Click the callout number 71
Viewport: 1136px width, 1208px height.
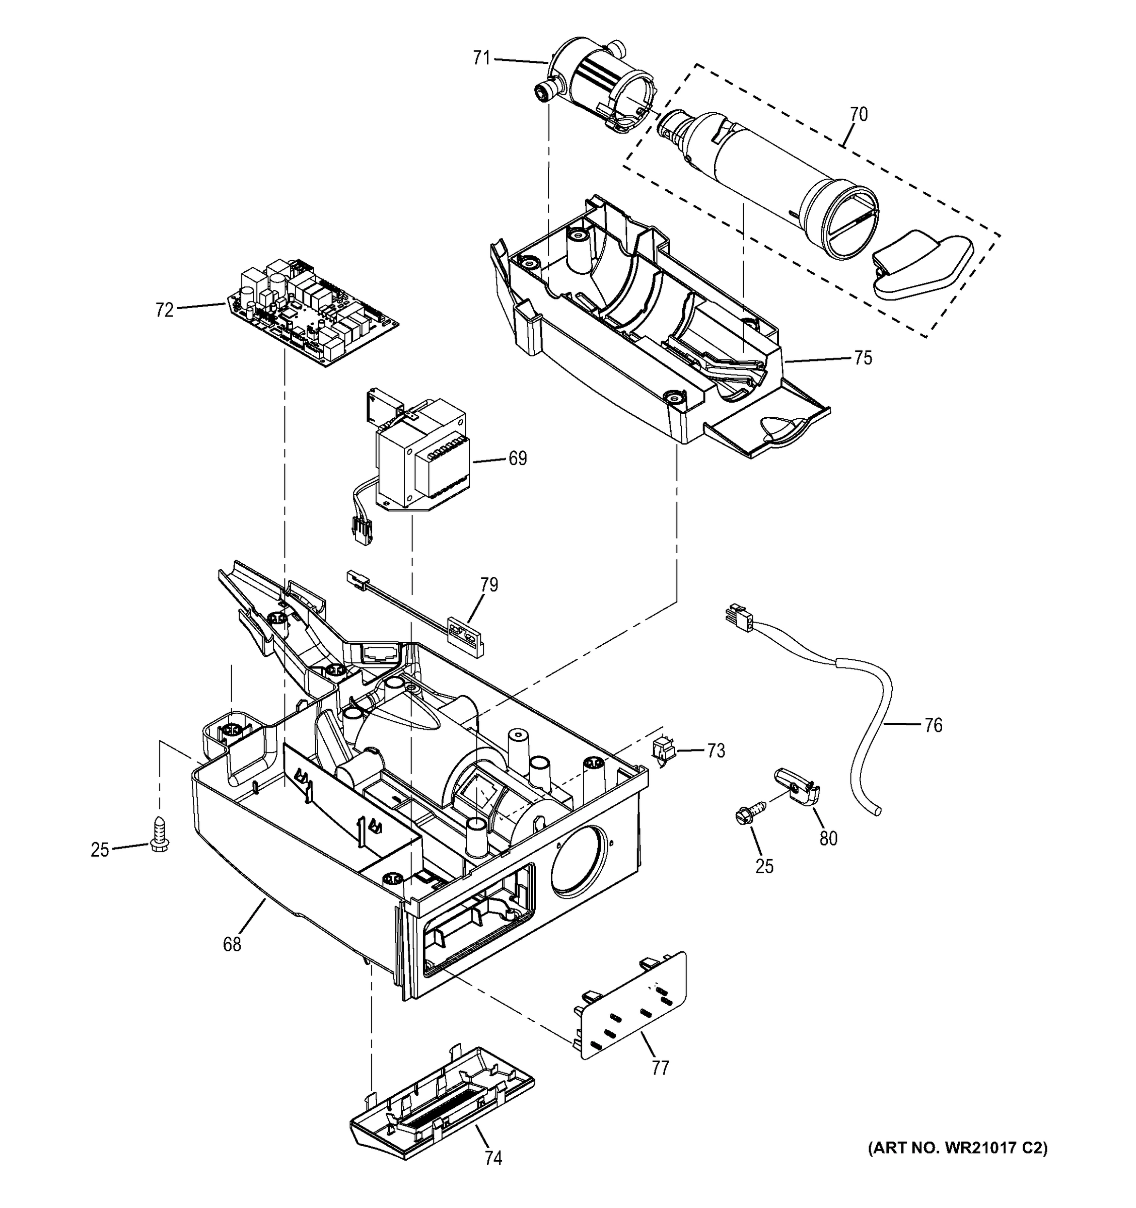point(481,58)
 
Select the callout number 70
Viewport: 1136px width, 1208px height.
point(858,114)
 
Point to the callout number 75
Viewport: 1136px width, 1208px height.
point(863,358)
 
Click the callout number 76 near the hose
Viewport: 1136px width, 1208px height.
point(933,725)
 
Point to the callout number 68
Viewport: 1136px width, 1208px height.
point(232,944)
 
